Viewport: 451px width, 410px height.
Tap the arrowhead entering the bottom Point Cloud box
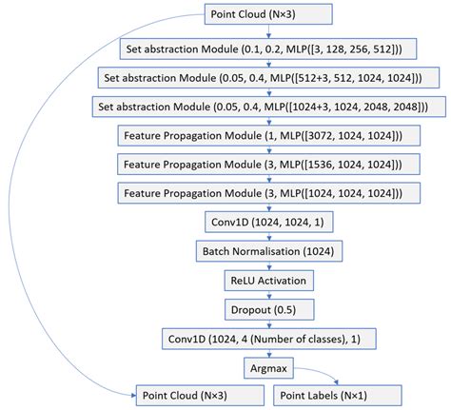click(132, 393)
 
